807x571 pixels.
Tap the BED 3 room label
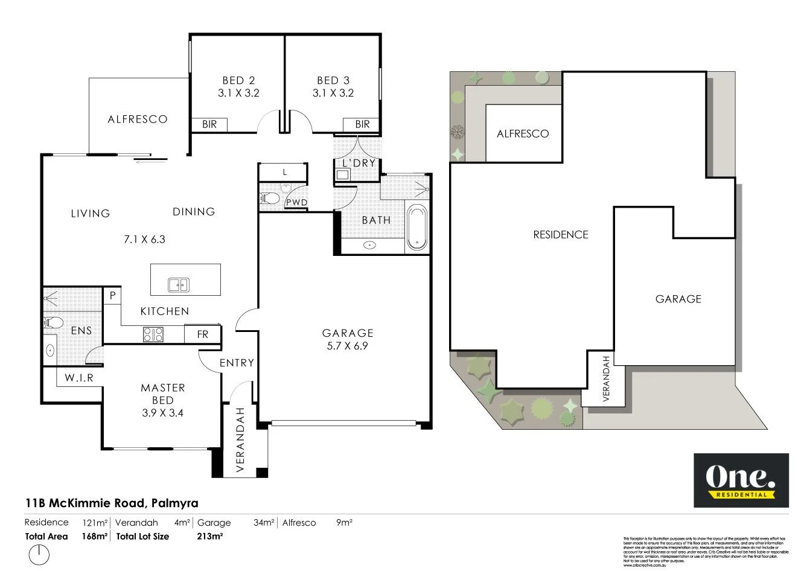[333, 80]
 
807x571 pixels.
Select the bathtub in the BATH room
[416, 227]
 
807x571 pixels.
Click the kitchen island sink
[178, 284]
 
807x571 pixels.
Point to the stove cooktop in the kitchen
[153, 334]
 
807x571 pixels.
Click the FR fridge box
[202, 334]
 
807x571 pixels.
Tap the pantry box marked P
[112, 296]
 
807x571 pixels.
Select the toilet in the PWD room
[270, 199]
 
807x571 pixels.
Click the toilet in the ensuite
[53, 322]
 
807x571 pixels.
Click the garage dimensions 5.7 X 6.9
[348, 346]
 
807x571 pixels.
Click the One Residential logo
[741, 480]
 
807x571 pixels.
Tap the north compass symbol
[39, 555]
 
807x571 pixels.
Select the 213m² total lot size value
[210, 536]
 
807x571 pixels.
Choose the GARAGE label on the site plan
[678, 299]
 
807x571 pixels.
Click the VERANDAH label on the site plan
[606, 379]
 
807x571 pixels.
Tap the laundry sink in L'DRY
[343, 175]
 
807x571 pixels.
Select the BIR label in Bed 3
[362, 124]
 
